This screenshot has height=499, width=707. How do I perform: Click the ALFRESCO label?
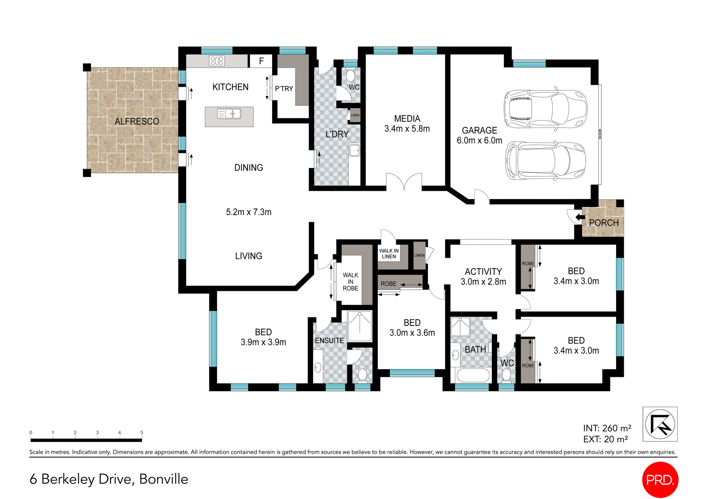click(x=137, y=121)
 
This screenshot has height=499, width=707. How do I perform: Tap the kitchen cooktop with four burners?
click(x=217, y=61)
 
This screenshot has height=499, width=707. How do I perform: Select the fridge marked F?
click(x=261, y=61)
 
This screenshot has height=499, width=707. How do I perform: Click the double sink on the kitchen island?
click(x=229, y=114)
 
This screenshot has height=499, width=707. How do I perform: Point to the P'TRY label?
click(x=284, y=89)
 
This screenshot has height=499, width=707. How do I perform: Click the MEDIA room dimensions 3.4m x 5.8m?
click(x=407, y=129)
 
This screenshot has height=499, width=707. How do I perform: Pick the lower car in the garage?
click(x=545, y=161)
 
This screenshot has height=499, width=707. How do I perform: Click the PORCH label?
click(x=604, y=223)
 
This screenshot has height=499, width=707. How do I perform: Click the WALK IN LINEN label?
click(x=389, y=253)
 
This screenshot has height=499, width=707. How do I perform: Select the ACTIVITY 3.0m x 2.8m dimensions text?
click(x=483, y=282)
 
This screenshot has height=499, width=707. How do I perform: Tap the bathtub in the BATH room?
click(x=473, y=375)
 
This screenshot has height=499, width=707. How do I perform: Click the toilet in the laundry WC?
click(x=350, y=75)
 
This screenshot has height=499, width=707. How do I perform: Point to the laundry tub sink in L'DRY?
click(x=354, y=150)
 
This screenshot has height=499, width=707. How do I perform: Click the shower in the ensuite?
click(x=360, y=326)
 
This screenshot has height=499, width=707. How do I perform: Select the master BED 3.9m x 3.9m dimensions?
click(x=263, y=342)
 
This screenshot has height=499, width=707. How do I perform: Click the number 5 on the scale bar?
click(x=142, y=432)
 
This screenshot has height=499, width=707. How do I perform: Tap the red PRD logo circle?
click(x=660, y=480)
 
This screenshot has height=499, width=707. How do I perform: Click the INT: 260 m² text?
click(x=607, y=428)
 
